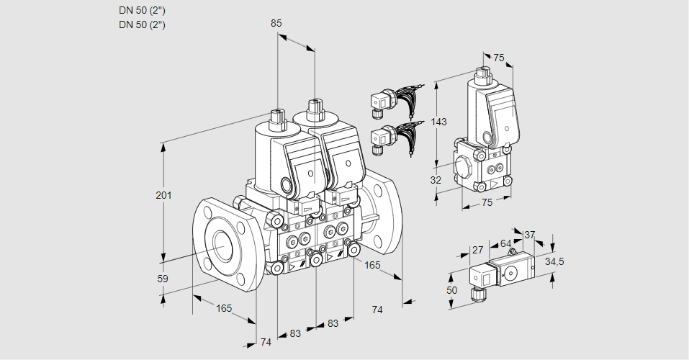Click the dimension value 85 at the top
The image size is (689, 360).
[276, 23]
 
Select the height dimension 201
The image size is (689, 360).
[165, 196]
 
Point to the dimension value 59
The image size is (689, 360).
[163, 279]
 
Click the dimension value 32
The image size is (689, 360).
[436, 180]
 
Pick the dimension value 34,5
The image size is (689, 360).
[554, 261]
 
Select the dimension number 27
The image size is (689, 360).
[477, 250]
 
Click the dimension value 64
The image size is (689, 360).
[505, 244]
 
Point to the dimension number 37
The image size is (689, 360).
[529, 234]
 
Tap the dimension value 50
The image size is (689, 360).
[451, 289]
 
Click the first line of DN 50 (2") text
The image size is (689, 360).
[142, 10]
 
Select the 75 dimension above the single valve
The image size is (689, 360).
[498, 58]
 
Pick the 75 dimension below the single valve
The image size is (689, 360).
[487, 203]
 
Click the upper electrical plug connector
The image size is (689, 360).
[380, 102]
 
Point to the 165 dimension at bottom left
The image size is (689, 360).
[224, 308]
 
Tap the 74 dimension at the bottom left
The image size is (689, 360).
[266, 342]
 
